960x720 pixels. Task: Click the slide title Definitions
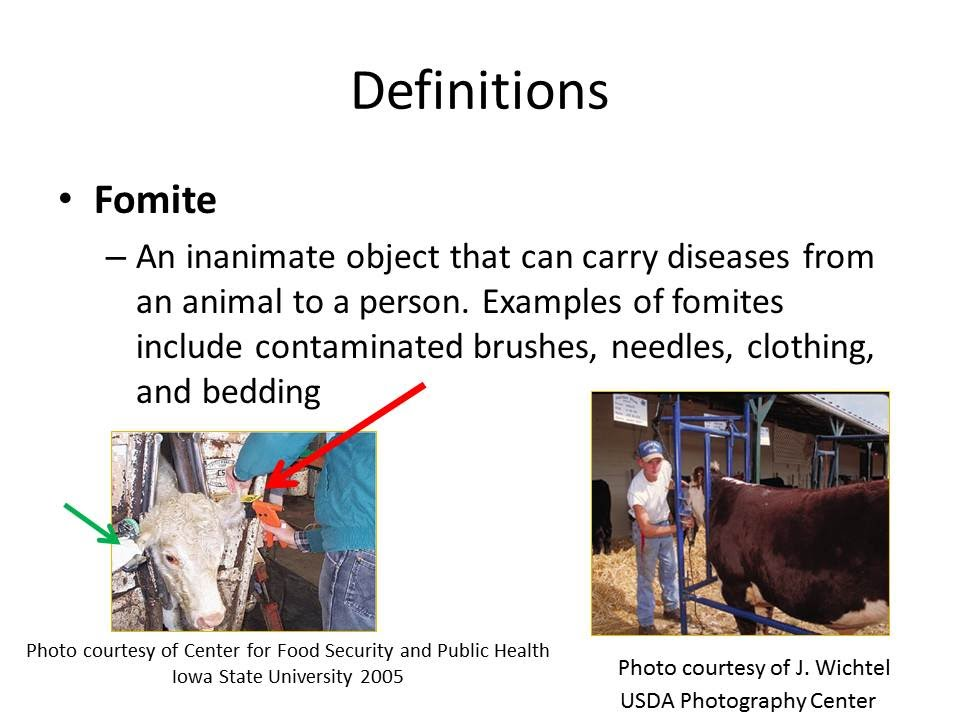[479, 91]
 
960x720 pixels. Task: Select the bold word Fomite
[155, 200]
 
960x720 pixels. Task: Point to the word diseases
[727, 257]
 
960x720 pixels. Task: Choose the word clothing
[810, 348]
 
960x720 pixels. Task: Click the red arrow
[345, 436]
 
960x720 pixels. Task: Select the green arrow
[92, 523]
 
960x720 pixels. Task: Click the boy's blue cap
[650, 450]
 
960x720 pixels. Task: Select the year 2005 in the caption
[381, 677]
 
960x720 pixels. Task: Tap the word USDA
[647, 700]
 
